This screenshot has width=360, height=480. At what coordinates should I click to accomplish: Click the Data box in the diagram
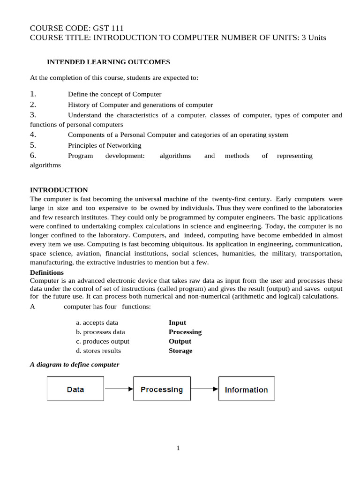[75, 389]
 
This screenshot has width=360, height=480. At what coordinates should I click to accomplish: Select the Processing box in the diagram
[162, 389]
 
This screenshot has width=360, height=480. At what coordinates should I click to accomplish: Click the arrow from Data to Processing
[119, 389]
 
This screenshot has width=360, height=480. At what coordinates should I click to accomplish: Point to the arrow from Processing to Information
[204, 389]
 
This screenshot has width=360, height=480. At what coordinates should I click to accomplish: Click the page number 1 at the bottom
[178, 448]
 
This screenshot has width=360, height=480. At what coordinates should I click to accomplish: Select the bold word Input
[177, 322]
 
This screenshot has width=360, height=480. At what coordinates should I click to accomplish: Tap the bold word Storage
[180, 351]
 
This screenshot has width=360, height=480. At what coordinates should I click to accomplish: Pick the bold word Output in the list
[180, 341]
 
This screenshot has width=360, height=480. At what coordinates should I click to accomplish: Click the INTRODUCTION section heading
[59, 190]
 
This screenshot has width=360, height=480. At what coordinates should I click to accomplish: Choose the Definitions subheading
[47, 272]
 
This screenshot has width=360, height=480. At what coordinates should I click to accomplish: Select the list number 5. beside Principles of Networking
[33, 145]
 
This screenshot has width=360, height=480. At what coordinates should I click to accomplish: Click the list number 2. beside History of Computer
[33, 105]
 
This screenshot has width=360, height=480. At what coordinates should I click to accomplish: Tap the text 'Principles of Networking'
[105, 145]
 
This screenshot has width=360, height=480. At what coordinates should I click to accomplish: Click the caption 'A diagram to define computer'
[75, 364]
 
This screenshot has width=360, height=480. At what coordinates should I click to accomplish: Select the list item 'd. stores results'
[98, 351]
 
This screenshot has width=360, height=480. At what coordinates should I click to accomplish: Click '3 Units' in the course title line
[314, 37]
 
